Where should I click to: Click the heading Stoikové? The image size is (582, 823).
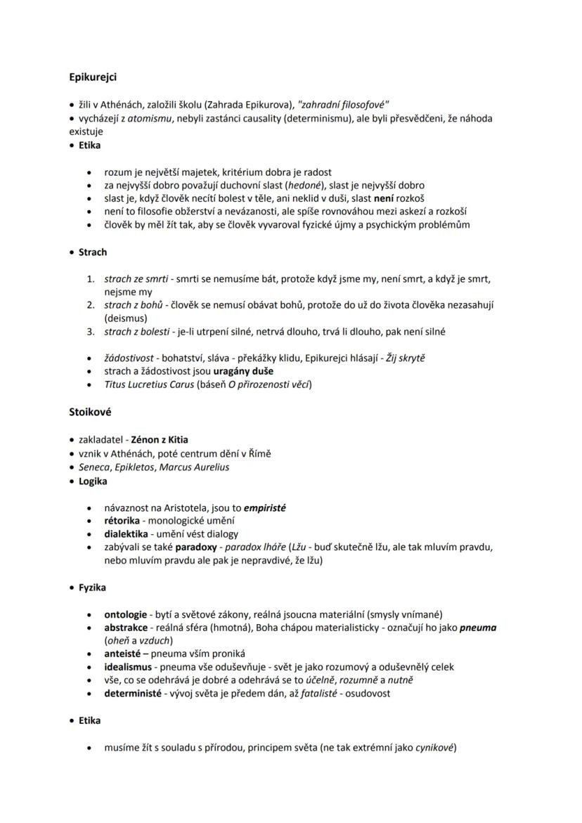tap(90, 412)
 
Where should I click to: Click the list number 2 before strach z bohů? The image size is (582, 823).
tap(91, 304)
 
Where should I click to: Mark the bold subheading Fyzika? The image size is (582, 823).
tap(92, 587)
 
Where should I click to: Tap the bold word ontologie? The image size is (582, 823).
tap(126, 614)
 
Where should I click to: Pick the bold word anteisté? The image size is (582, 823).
tap(123, 654)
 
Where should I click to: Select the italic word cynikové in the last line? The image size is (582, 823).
tap(434, 748)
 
